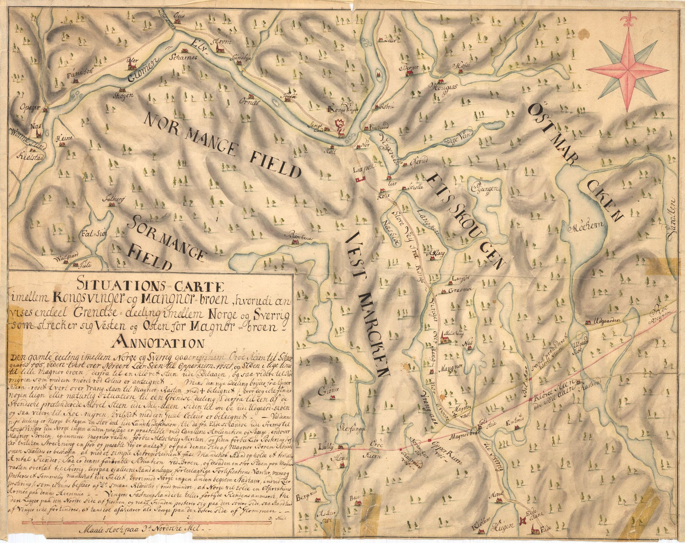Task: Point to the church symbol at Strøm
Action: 219,47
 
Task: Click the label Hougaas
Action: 443,87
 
